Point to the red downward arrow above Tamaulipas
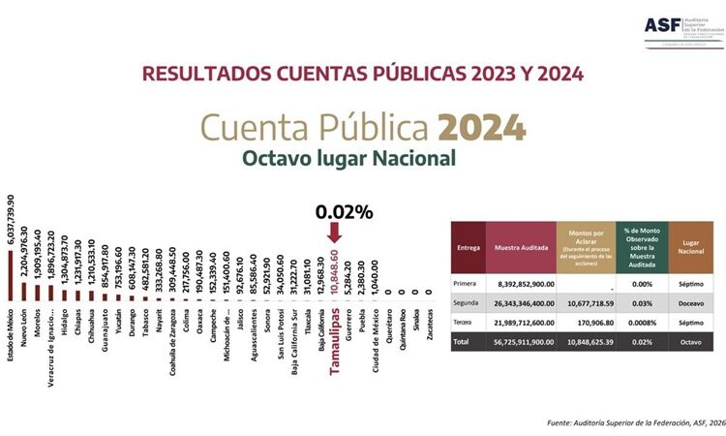coord(334,233)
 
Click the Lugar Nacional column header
coord(690,247)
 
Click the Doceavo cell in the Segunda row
coord(690,302)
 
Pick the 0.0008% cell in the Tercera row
coord(643,322)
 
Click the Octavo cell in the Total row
coord(690,342)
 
